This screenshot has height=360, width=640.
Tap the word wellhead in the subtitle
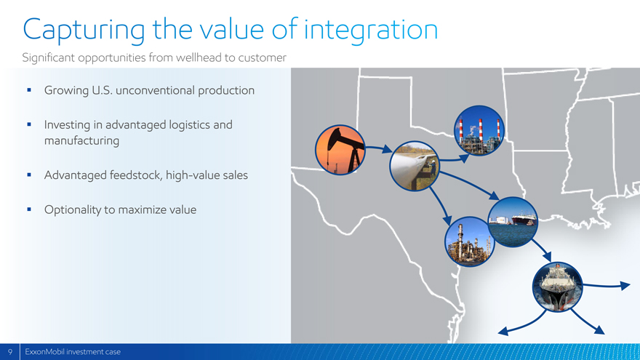click(x=199, y=57)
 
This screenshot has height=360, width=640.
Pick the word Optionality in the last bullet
click(x=72, y=209)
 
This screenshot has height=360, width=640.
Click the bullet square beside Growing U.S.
click(x=29, y=89)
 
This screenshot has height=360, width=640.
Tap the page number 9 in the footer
click(x=9, y=352)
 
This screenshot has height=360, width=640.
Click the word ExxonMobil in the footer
click(x=44, y=352)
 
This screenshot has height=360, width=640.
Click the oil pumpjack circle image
click(x=340, y=150)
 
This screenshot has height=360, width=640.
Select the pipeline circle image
click(x=415, y=166)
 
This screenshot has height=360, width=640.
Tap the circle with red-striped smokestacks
click(x=479, y=130)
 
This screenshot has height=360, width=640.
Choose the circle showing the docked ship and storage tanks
click(x=513, y=222)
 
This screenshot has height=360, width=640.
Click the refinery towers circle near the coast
click(x=469, y=241)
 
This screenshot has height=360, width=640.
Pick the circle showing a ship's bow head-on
click(x=558, y=287)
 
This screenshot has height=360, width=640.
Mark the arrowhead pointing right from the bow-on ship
click(x=625, y=285)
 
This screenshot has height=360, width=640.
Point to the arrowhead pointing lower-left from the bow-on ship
click(x=503, y=331)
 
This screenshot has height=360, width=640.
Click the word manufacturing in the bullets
click(x=81, y=141)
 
